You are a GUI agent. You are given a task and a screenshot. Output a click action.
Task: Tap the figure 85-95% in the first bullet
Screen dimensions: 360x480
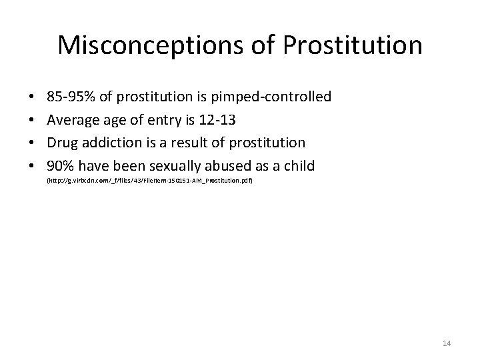click(x=71, y=97)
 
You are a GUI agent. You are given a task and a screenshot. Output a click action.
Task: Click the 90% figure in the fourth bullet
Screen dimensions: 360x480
click(x=61, y=165)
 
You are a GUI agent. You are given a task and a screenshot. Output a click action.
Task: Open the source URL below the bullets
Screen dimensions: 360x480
click(x=149, y=181)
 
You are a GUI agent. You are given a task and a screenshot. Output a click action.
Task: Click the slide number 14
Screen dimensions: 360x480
click(x=447, y=343)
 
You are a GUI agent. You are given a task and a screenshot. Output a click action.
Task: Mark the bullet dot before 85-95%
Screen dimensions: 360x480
click(x=32, y=97)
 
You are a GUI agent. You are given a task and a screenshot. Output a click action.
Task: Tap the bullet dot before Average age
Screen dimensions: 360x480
click(x=32, y=120)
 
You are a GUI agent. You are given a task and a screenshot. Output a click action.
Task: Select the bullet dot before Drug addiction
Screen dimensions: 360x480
click(x=32, y=143)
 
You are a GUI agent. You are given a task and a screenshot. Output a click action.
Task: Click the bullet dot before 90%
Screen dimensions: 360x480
click(x=32, y=165)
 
